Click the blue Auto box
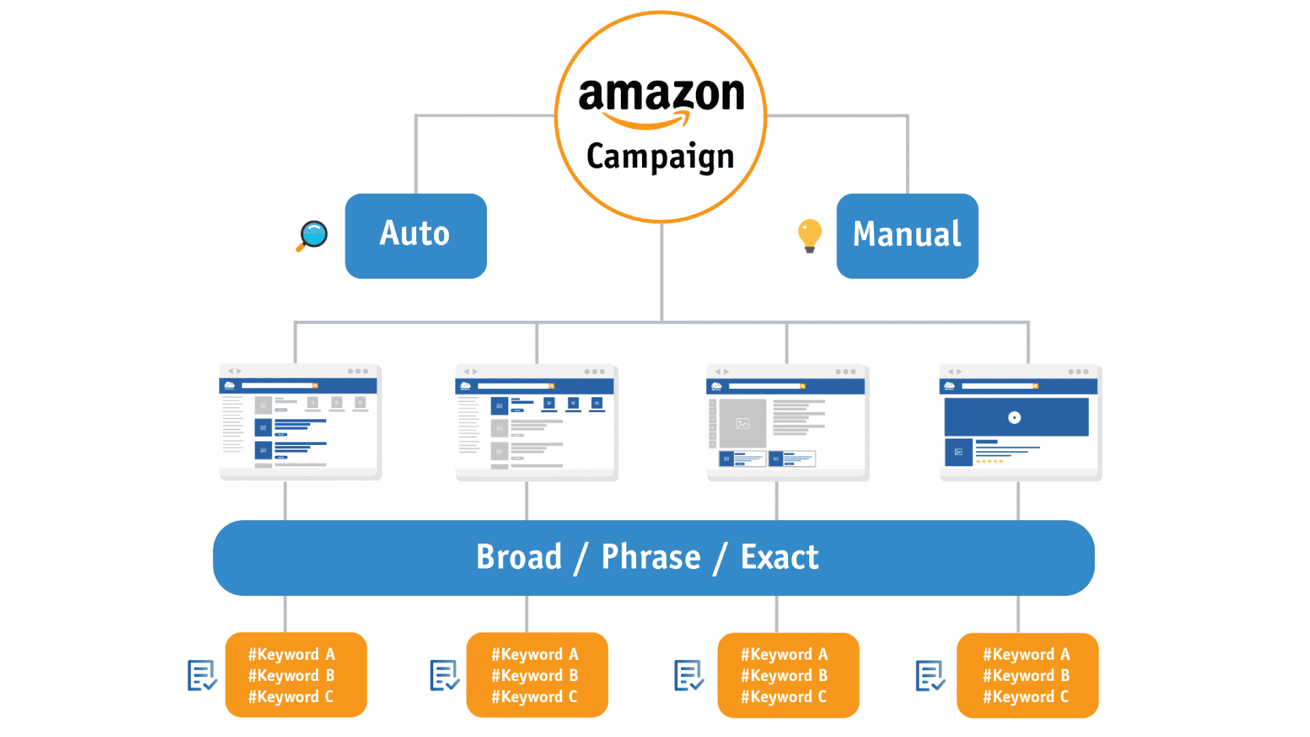pos(416,235)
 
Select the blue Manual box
pos(907,235)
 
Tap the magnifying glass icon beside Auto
pos(312,236)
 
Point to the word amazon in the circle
pos(661,94)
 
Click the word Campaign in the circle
pos(660,157)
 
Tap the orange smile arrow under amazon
pos(647,121)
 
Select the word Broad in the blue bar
pos(519,557)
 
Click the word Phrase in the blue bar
pos(651,557)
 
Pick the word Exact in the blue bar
pos(779,557)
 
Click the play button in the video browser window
pos(1015,418)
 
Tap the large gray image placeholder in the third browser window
pos(742,423)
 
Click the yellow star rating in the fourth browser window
pos(989,462)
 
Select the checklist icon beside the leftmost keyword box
pos(202,676)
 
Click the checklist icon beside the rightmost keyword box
pos(931,676)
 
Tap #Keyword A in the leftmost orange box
pos(291,654)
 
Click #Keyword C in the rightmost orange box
pos(1025,697)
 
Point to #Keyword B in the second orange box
pos(535,676)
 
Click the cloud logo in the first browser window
pos(230,386)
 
